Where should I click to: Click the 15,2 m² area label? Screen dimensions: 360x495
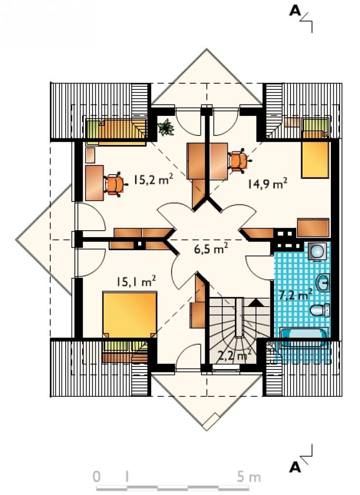point(153,180)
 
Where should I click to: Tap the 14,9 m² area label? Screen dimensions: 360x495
point(267,183)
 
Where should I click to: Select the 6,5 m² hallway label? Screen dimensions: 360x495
point(211,249)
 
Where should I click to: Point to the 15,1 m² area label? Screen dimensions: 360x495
point(136,281)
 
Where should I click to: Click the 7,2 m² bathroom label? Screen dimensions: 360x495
point(296,295)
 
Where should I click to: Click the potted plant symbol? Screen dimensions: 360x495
point(166,128)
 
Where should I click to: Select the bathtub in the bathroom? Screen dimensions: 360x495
point(304,338)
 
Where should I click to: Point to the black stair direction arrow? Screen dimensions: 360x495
point(256,302)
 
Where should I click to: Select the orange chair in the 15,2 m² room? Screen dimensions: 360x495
point(115,184)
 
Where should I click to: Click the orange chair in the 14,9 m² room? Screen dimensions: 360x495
point(239,162)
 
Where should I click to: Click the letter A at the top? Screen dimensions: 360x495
point(295,11)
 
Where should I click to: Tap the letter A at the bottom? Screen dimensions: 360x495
point(295,467)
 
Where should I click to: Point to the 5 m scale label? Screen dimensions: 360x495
point(249,477)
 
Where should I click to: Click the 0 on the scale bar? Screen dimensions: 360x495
point(96,477)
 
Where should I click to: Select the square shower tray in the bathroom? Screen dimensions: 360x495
point(317,252)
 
